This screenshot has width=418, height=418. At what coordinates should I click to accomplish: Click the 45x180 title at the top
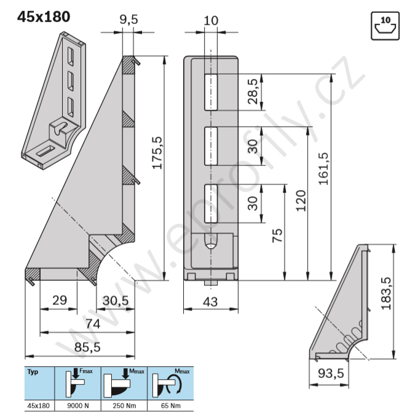pyautogui.click(x=44, y=17)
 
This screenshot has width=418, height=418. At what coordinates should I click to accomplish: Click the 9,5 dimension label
pyautogui.click(x=128, y=20)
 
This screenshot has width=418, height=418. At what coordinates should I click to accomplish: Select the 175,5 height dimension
pyautogui.click(x=157, y=152)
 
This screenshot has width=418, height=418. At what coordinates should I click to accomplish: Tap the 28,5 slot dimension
pyautogui.click(x=253, y=92)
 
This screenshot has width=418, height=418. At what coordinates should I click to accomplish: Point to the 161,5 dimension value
pyautogui.click(x=323, y=169)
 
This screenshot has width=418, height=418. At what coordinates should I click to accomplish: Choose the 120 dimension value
pyautogui.click(x=301, y=201)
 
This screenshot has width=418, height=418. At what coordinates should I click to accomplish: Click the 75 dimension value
pyautogui.click(x=277, y=235)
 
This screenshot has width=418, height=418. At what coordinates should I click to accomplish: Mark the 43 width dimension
pyautogui.click(x=210, y=302)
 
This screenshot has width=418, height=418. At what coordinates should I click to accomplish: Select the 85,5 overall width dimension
pyautogui.click(x=87, y=347)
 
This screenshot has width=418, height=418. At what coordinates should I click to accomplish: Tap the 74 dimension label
pyautogui.click(x=93, y=324)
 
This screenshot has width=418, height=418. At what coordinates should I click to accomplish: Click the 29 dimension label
pyautogui.click(x=60, y=301)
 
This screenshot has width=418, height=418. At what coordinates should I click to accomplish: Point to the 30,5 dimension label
pyautogui.click(x=116, y=301)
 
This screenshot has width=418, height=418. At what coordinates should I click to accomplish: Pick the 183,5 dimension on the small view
pyautogui.click(x=386, y=293)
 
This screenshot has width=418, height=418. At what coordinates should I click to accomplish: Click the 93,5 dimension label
pyautogui.click(x=331, y=373)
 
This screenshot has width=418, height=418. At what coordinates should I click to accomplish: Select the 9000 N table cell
pyautogui.click(x=78, y=406)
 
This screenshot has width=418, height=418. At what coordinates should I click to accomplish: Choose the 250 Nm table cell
pyautogui.click(x=124, y=406)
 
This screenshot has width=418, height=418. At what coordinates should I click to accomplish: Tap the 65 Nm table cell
pyautogui.click(x=171, y=406)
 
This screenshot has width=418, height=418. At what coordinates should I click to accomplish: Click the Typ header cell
pyautogui.click(x=39, y=383)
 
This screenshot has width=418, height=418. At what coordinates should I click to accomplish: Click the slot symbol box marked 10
pyautogui.click(x=385, y=26)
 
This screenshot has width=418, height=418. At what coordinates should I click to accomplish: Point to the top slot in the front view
pyautogui.click(x=211, y=92)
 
